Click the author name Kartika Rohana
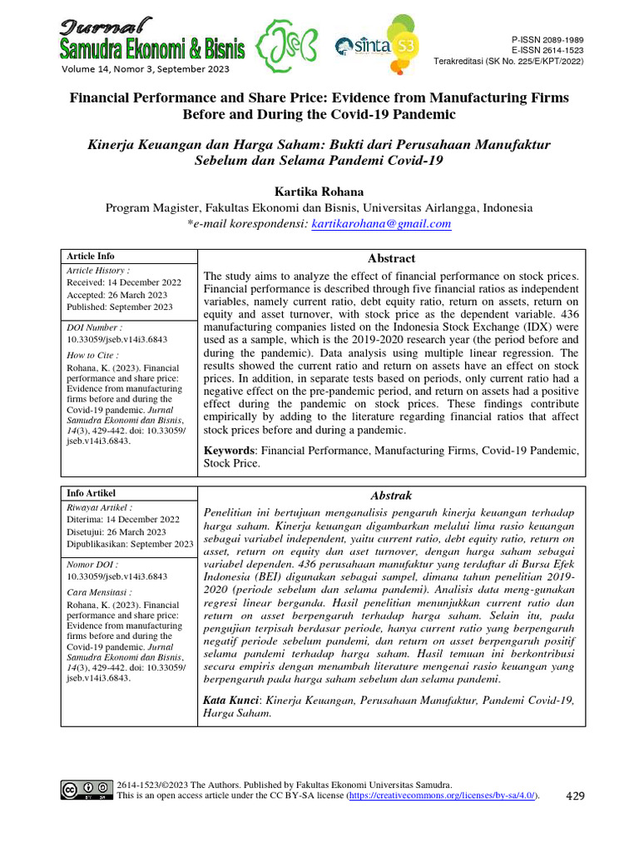point(319,192)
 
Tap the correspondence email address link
point(381,224)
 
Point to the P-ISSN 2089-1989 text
point(547,40)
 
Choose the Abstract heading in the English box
point(391,259)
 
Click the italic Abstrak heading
point(391,496)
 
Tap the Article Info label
point(92,257)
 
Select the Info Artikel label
point(92,493)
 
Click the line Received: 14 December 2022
point(117,283)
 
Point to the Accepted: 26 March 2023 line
point(116,295)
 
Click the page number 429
point(575,796)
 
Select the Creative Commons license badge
point(86,790)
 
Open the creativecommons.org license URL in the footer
point(441,796)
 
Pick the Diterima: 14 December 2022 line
point(117,520)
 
